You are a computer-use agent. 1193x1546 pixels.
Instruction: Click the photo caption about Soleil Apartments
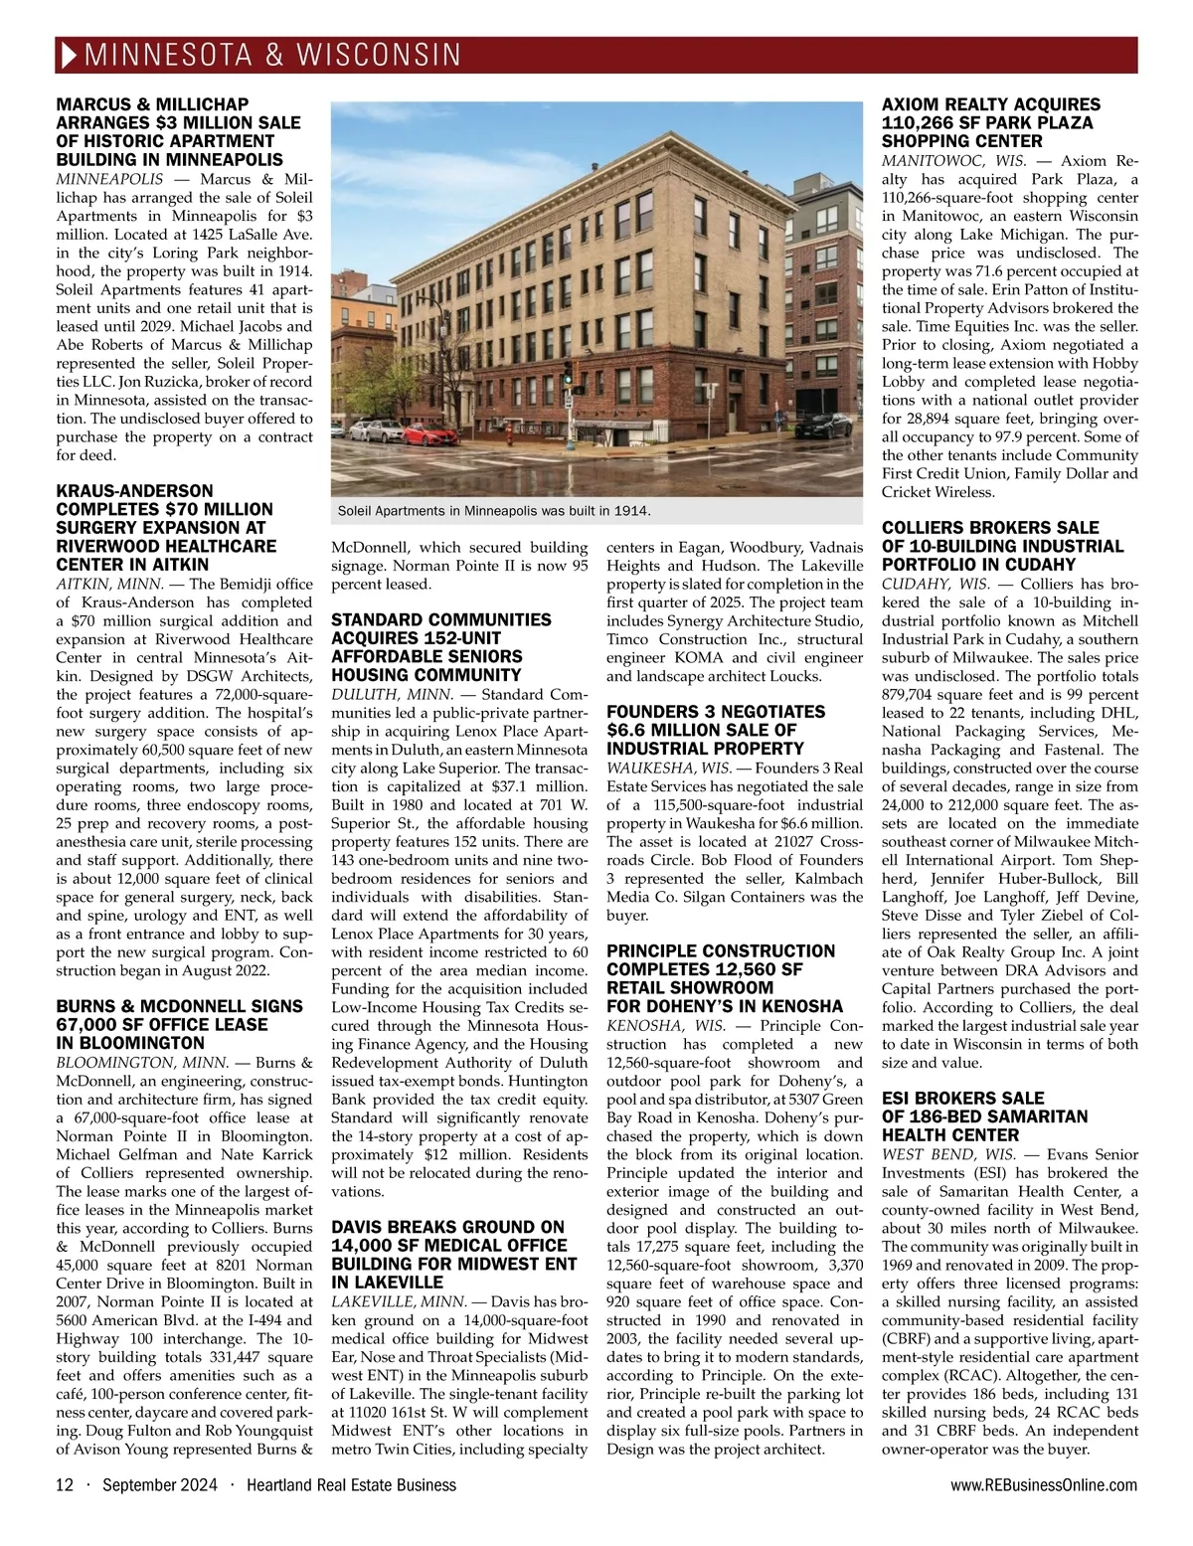pyautogui.click(x=494, y=511)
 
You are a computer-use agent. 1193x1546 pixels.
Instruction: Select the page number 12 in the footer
pyautogui.click(x=65, y=1485)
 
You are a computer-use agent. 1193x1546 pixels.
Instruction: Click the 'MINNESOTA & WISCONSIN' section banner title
pyautogui.click(x=274, y=55)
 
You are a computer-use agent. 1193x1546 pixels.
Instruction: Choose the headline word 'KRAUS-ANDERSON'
pyautogui.click(x=135, y=491)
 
